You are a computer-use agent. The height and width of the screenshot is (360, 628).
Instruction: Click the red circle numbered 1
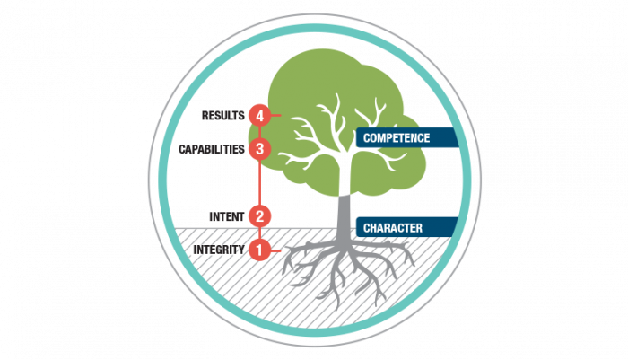coord(259,250)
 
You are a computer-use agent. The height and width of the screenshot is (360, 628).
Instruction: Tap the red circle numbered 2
coord(259,216)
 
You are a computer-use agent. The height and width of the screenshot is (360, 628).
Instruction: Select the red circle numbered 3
coord(259,148)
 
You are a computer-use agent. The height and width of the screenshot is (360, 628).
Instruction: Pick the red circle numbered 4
coord(259,115)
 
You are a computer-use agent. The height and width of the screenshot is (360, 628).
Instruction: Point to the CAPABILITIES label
coord(212,149)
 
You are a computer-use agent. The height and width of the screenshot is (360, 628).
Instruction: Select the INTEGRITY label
coord(218,250)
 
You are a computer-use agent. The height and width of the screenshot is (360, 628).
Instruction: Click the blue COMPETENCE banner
coord(409,138)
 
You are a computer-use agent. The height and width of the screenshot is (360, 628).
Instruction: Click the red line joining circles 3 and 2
coord(259,182)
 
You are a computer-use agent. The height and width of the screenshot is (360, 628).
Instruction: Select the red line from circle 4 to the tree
coord(276,115)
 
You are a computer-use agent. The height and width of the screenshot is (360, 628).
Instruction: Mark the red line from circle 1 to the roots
coord(276,250)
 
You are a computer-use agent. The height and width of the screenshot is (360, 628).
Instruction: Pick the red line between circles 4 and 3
coord(259,132)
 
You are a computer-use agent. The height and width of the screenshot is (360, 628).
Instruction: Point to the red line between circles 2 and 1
coord(259,233)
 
